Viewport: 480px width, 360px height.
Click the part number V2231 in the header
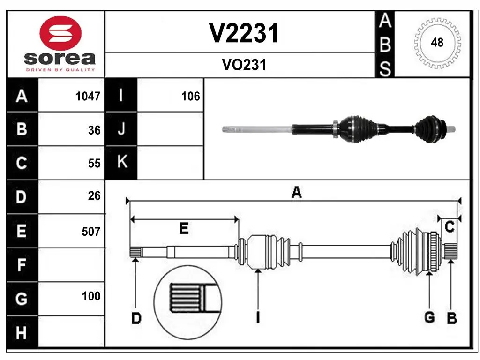click(244, 33)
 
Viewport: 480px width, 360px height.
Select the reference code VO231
click(244, 65)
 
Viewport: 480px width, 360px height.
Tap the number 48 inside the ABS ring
click(437, 43)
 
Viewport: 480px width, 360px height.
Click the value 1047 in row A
click(88, 97)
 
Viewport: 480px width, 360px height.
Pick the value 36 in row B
click(94, 130)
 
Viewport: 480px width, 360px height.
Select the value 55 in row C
click(94, 163)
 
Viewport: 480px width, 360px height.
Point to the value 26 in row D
click(94, 196)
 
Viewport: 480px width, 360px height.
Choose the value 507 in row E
click(91, 231)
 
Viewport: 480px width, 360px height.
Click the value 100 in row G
click(91, 296)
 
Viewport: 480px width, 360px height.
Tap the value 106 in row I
click(190, 97)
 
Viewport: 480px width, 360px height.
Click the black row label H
click(22, 333)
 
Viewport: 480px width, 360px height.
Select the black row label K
click(121, 163)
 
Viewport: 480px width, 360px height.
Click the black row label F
click(22, 265)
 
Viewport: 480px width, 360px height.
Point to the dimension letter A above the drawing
click(296, 192)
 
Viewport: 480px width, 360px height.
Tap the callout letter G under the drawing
click(429, 317)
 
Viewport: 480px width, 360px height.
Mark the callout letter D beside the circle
click(136, 319)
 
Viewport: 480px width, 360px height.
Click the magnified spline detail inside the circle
click(187, 299)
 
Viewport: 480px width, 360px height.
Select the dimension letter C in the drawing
click(450, 227)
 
